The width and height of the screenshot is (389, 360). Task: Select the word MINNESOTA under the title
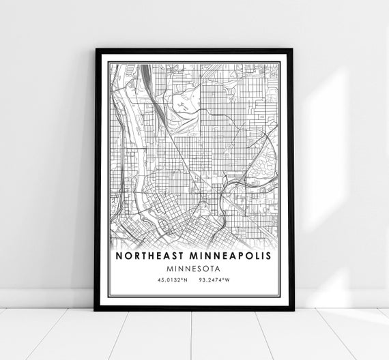(194, 268)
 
